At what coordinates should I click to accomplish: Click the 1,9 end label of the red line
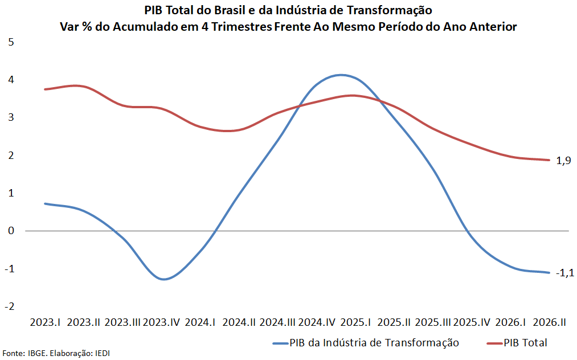563,161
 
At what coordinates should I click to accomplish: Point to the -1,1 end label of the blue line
565,273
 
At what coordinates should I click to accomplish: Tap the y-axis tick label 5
11,42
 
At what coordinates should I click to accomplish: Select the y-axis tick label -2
10,306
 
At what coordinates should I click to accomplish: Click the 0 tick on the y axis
11,231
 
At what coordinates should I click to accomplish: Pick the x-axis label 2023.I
45,322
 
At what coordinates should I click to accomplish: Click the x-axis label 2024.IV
317,322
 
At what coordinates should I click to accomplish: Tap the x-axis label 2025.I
355,322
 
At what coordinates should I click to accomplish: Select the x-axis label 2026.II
550,322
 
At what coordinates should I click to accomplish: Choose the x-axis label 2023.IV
161,322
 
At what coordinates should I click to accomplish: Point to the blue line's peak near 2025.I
341,75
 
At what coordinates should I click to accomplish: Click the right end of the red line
550,160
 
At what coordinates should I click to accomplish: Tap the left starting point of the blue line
45,203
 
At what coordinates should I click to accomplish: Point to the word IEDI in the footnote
103,353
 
